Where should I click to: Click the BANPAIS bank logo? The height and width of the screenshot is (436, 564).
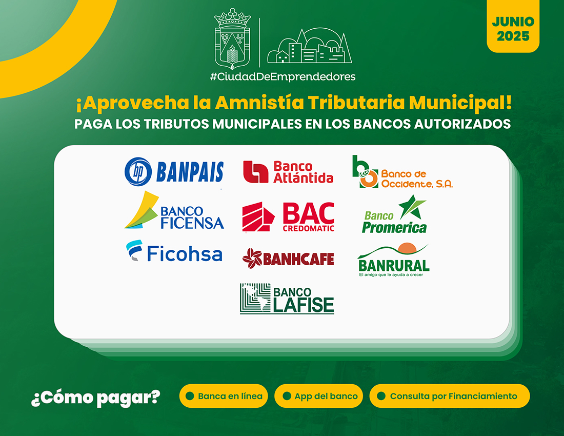(x=174, y=172)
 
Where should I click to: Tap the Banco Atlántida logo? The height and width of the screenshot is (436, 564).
(x=289, y=172)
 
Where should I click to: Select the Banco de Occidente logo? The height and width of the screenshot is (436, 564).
(x=402, y=172)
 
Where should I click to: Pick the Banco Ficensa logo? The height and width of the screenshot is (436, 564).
(x=174, y=210)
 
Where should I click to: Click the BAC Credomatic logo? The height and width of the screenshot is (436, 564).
(x=289, y=216)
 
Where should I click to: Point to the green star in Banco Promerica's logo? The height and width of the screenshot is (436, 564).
(x=412, y=207)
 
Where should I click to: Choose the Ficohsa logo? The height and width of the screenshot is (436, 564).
(x=174, y=251)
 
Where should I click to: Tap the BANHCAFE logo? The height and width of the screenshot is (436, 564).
(x=289, y=259)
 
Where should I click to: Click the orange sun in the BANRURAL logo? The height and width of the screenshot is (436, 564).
(x=407, y=248)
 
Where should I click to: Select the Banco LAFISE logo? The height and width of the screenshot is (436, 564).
(x=287, y=299)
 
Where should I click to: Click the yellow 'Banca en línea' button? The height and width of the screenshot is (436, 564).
(x=224, y=396)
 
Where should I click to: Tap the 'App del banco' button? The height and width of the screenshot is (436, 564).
(x=319, y=396)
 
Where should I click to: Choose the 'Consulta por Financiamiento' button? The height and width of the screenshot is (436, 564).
(x=450, y=396)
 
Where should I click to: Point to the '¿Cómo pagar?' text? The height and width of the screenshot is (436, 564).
(x=96, y=398)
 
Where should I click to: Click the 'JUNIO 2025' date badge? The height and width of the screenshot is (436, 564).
(x=513, y=27)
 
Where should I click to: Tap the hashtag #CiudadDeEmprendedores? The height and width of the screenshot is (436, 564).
(x=283, y=76)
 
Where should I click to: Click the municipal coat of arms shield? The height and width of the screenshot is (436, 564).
(x=232, y=39)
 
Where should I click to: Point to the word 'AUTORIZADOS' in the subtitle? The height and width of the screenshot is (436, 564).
(x=462, y=124)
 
